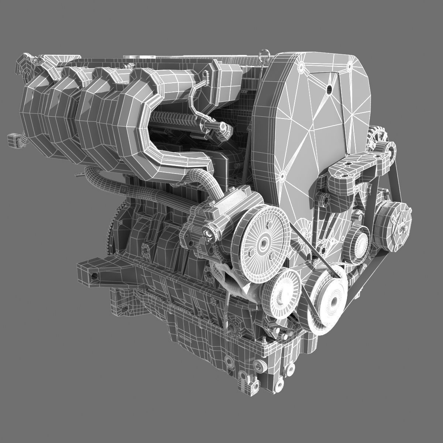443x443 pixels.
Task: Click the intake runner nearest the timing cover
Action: tap(148, 122)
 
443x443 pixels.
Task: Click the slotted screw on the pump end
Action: tap(210, 233)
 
